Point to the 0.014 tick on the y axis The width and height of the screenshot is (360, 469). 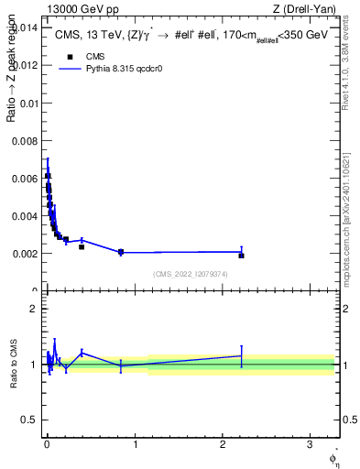click(x=28, y=27)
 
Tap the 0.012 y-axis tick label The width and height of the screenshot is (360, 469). click(x=28, y=65)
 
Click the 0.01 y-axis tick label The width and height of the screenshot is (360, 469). click(x=31, y=103)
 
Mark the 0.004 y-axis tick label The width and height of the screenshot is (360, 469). click(x=28, y=215)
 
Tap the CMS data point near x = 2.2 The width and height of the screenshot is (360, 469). click(x=241, y=256)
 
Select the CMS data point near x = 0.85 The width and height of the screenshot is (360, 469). click(x=121, y=252)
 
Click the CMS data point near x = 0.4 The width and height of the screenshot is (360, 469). click(x=82, y=246)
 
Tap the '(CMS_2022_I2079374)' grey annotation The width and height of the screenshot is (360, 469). click(x=191, y=273)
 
